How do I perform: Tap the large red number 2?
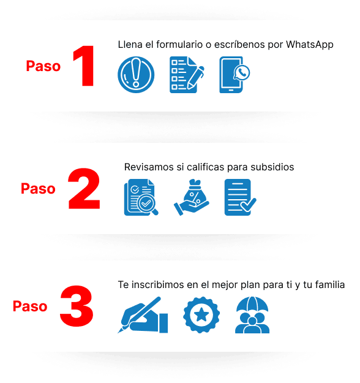pyautogui.click(x=84, y=188)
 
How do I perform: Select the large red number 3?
pyautogui.click(x=77, y=306)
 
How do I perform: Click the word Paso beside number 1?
pyautogui.click(x=43, y=66)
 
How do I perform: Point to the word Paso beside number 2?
pyautogui.click(x=38, y=189)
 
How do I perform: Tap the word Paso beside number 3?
pyautogui.click(x=30, y=306)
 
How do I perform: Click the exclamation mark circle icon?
pyautogui.click(x=136, y=75)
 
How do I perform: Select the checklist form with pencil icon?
pyautogui.click(x=187, y=75)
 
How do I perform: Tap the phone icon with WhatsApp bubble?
pyautogui.click(x=234, y=75)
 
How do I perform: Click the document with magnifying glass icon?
pyautogui.click(x=141, y=197)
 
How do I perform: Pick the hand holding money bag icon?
pyautogui.click(x=192, y=197)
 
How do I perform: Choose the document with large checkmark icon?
pyautogui.click(x=241, y=197)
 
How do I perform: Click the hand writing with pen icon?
pyautogui.click(x=143, y=315)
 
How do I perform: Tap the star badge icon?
pyautogui.click(x=201, y=315)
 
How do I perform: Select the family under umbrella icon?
pyautogui.click(x=252, y=315)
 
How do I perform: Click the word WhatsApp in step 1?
pyautogui.click(x=309, y=45)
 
